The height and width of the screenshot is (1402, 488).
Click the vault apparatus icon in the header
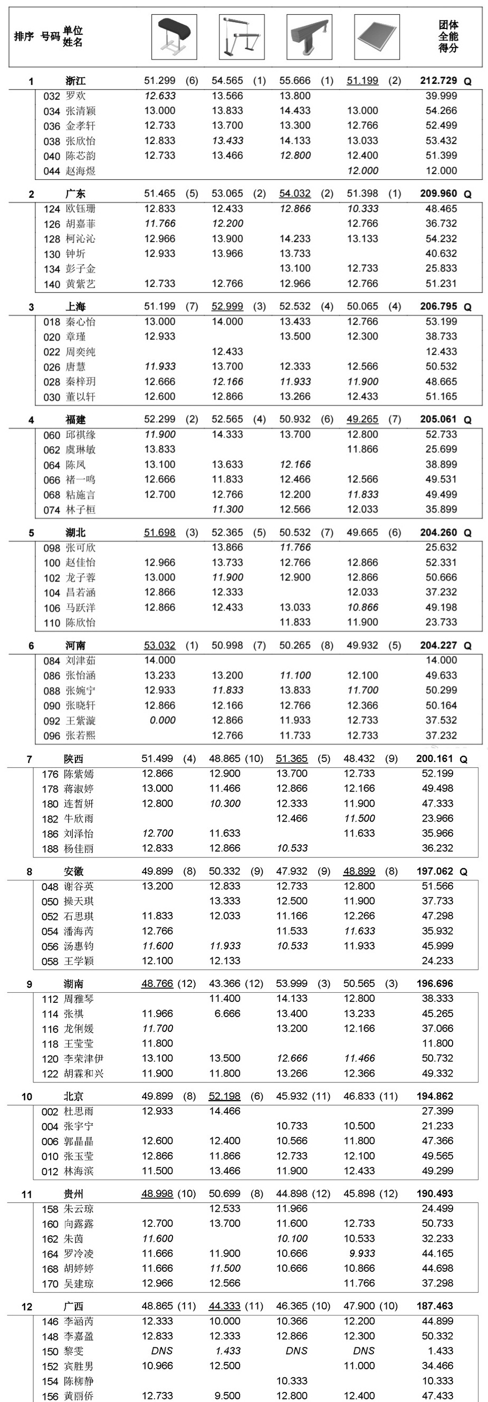(x=174, y=36)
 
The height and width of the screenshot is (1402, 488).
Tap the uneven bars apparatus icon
(x=241, y=36)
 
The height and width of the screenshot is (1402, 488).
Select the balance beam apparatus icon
(x=309, y=36)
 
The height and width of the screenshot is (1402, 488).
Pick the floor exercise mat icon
(x=376, y=36)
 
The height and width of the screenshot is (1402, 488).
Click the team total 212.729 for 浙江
(x=438, y=81)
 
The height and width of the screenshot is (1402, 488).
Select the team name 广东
(x=75, y=194)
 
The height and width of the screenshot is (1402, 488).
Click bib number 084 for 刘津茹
(x=52, y=661)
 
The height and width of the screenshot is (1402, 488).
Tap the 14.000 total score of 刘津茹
(x=441, y=660)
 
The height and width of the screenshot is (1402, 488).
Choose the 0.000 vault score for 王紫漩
(x=162, y=720)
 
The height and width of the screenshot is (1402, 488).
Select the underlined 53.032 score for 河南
(x=159, y=645)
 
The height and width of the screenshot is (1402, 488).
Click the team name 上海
(x=75, y=306)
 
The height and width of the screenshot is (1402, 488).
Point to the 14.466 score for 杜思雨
(x=225, y=1111)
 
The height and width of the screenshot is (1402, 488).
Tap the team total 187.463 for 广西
(x=435, y=1306)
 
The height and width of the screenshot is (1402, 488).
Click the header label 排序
(x=23, y=36)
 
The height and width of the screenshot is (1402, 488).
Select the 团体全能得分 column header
(x=448, y=36)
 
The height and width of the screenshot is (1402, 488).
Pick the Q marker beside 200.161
(x=464, y=759)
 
